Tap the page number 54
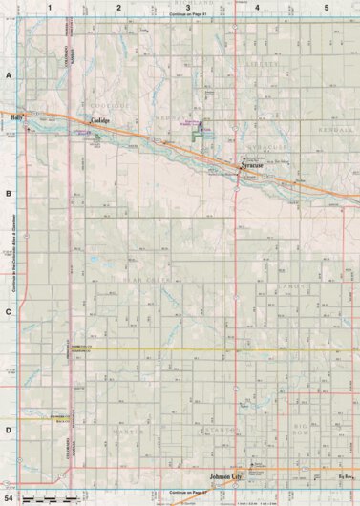point(9,497)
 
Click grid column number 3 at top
point(187,7)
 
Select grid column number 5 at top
point(326,7)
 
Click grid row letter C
point(8,311)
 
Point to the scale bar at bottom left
point(50,499)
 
